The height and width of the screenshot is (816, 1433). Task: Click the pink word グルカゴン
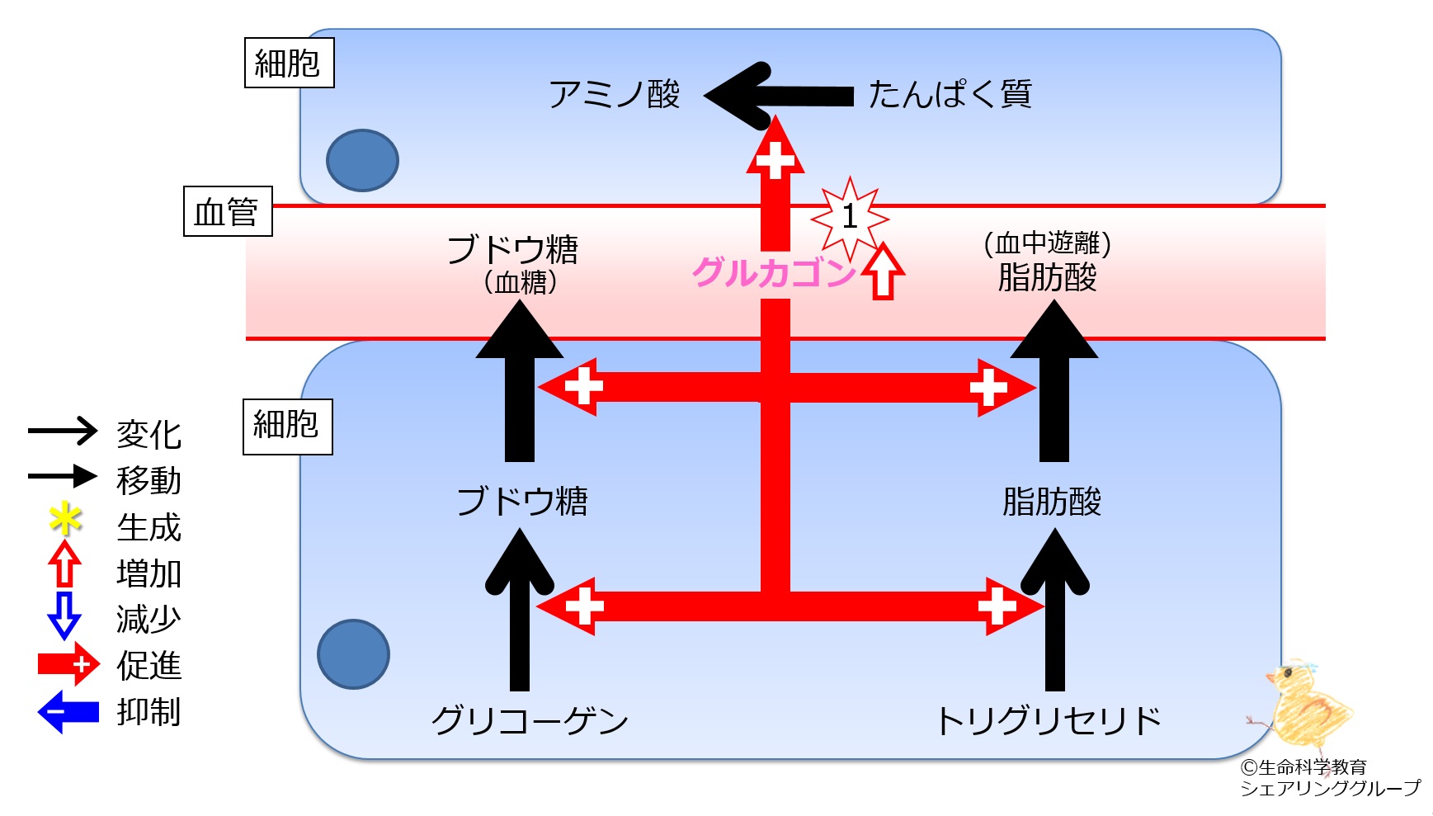pyautogui.click(x=774, y=272)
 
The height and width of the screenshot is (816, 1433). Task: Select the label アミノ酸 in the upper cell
pyautogui.click(x=615, y=95)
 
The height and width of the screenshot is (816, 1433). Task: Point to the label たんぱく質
pyautogui.click(x=950, y=94)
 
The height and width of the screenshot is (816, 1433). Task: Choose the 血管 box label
pyautogui.click(x=228, y=211)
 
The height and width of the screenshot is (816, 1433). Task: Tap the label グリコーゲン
pyautogui.click(x=530, y=720)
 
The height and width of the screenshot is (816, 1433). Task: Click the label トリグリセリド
pyautogui.click(x=1049, y=720)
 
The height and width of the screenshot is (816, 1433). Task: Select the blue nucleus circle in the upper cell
pyautogui.click(x=362, y=160)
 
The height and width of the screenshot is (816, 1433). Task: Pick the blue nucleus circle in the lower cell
pyautogui.click(x=353, y=654)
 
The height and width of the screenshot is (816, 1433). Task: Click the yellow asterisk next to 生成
pyautogui.click(x=65, y=520)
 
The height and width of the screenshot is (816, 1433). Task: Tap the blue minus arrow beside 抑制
pyautogui.click(x=68, y=712)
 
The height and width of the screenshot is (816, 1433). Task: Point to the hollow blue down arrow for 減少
pyautogui.click(x=64, y=616)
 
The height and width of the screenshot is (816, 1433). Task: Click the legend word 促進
pyautogui.click(x=148, y=665)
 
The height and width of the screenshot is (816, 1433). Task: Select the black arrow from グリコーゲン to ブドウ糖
pyautogui.click(x=519, y=609)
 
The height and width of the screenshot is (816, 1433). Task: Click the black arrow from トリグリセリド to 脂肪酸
pyautogui.click(x=1054, y=609)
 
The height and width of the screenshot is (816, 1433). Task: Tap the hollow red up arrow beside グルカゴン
pyautogui.click(x=883, y=270)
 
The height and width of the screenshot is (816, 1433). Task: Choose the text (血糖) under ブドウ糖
pyautogui.click(x=521, y=282)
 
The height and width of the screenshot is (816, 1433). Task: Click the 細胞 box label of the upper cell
pyautogui.click(x=289, y=63)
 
